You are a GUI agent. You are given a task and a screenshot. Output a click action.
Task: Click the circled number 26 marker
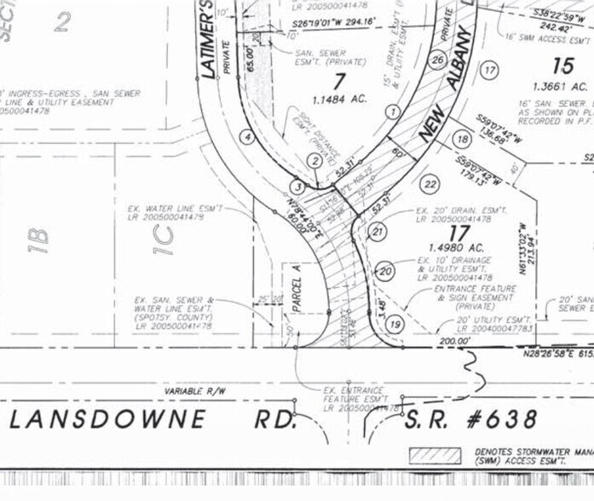coord(438,60)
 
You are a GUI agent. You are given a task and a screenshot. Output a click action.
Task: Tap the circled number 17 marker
coord(488,71)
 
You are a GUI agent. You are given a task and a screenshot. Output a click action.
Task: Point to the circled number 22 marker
coord(430,184)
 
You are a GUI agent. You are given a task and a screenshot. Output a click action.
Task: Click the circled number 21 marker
coord(378,231)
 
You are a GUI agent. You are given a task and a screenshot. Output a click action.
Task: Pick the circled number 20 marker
coord(386,271)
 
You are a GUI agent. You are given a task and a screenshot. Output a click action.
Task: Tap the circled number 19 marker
coord(394,324)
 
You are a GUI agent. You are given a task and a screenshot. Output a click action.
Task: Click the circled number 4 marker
coord(246,136)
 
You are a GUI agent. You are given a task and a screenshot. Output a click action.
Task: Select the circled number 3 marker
coord(297,186)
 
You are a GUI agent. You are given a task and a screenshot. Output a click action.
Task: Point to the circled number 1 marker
coord(393,112)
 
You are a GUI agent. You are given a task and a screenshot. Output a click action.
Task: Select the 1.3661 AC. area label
coord(560,86)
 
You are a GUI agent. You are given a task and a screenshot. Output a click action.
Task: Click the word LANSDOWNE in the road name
coord(108,418)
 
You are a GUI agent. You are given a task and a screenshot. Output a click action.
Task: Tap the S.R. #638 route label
coord(471,418)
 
